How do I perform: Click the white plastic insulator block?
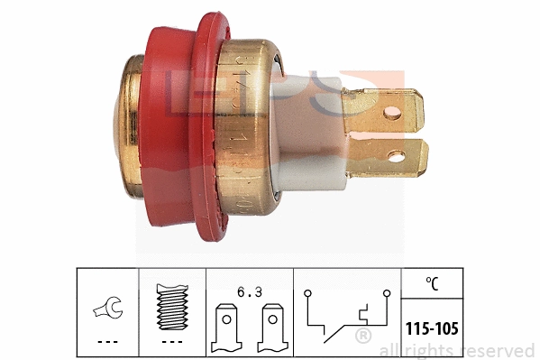[x=325, y=135]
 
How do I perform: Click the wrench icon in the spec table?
[x=106, y=310]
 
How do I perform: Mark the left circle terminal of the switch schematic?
[x=308, y=293]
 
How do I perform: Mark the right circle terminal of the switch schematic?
[x=387, y=293]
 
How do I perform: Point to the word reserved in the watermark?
[x=501, y=350]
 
